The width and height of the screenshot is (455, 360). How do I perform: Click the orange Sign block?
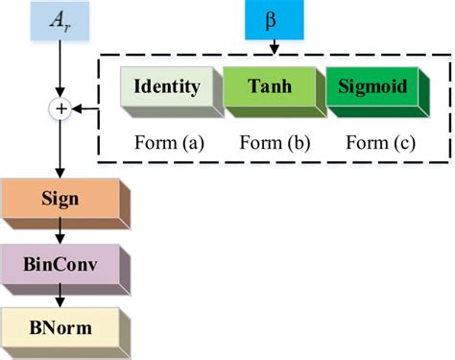tap(60, 200)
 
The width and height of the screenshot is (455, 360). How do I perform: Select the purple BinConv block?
tap(60, 263)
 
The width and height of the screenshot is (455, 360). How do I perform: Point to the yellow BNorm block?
tap(60, 327)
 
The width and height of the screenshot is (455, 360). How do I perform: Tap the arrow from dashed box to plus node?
tap(86, 110)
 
